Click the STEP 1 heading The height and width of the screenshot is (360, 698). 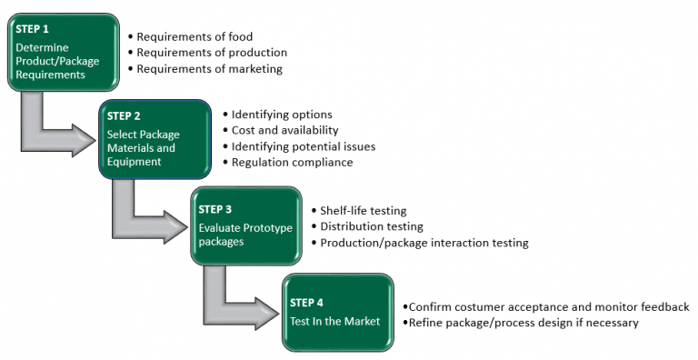click(x=33, y=29)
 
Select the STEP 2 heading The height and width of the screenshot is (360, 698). click(x=125, y=115)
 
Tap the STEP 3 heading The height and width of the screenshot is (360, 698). click(x=215, y=209)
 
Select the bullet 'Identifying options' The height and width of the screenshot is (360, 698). click(x=282, y=115)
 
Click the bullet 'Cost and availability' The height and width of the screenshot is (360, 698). click(x=284, y=130)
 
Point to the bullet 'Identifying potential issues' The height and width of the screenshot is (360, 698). click(x=303, y=146)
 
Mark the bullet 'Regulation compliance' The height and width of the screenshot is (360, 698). click(x=292, y=162)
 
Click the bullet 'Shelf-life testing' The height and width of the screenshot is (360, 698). click(x=364, y=210)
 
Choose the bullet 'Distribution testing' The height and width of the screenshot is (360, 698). click(x=372, y=226)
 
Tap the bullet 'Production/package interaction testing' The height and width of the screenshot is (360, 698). click(x=424, y=243)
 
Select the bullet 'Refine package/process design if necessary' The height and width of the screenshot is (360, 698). click(x=523, y=323)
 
